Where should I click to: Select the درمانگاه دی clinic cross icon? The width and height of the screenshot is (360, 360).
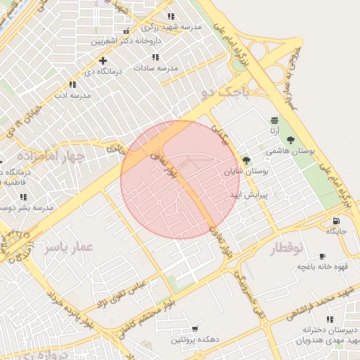(x=103, y=60)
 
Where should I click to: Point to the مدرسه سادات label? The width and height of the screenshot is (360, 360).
(x=155, y=67)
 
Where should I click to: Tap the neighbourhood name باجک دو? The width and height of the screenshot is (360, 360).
(x=229, y=91)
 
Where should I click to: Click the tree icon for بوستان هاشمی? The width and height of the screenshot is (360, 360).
(x=290, y=139)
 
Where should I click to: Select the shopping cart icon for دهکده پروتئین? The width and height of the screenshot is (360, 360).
(x=194, y=329)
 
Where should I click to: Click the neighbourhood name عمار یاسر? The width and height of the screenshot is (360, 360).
(x=67, y=247)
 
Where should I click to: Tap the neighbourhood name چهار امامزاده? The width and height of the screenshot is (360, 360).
(x=51, y=155)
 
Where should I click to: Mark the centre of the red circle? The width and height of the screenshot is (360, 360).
(x=180, y=179)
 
